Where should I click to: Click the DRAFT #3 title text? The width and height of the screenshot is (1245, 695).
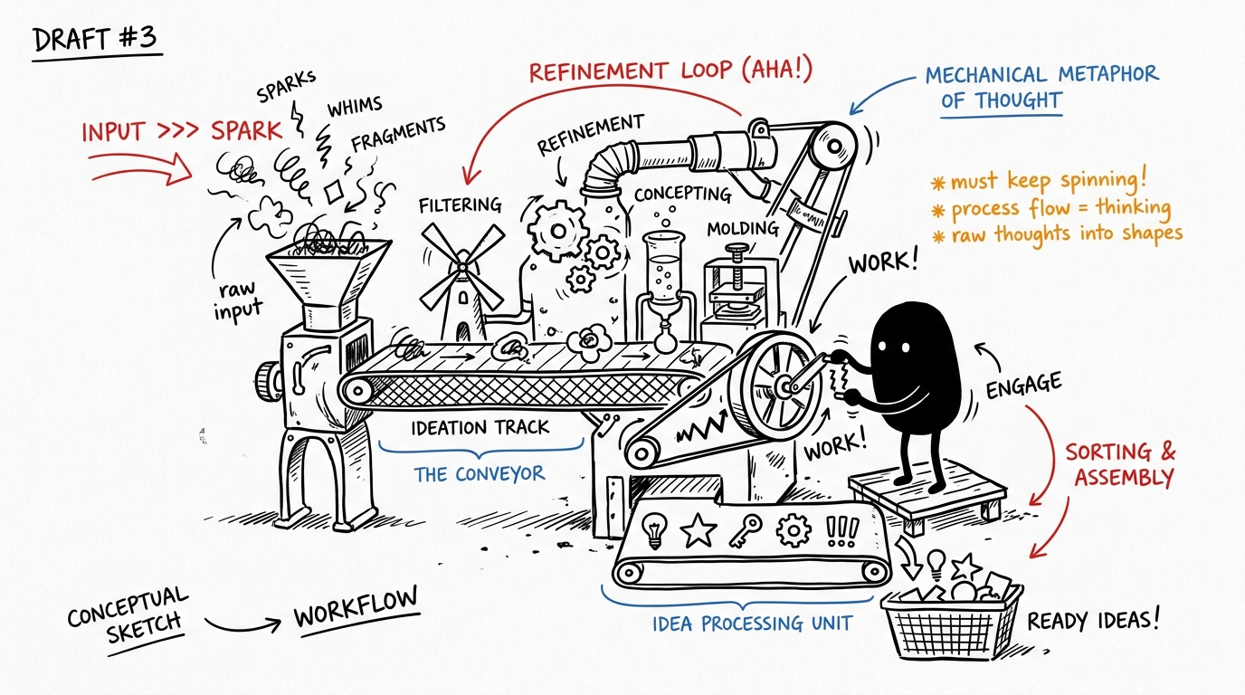click(95, 40)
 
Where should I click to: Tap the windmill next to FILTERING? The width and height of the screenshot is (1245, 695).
click(462, 282)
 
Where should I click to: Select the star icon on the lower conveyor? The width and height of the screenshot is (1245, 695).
click(699, 530)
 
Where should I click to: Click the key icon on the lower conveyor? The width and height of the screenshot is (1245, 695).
click(746, 531)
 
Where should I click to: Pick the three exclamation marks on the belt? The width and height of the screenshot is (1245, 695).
click(842, 532)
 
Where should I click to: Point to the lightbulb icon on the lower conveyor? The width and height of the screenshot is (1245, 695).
click(654, 530)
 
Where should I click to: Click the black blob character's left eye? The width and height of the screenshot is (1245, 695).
click(882, 347)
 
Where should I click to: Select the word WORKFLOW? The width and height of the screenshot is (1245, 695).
click(356, 606)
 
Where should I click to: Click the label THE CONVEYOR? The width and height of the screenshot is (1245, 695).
click(480, 474)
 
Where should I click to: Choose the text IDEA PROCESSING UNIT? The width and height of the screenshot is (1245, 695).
click(752, 624)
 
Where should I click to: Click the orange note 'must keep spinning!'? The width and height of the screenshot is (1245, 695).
click(1039, 181)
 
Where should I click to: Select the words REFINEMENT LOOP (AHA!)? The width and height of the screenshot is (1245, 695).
click(670, 71)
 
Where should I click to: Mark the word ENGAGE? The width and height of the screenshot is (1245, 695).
click(1024, 385)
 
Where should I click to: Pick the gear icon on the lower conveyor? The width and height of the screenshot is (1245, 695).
click(794, 530)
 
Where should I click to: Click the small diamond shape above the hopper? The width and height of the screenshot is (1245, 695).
click(334, 193)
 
